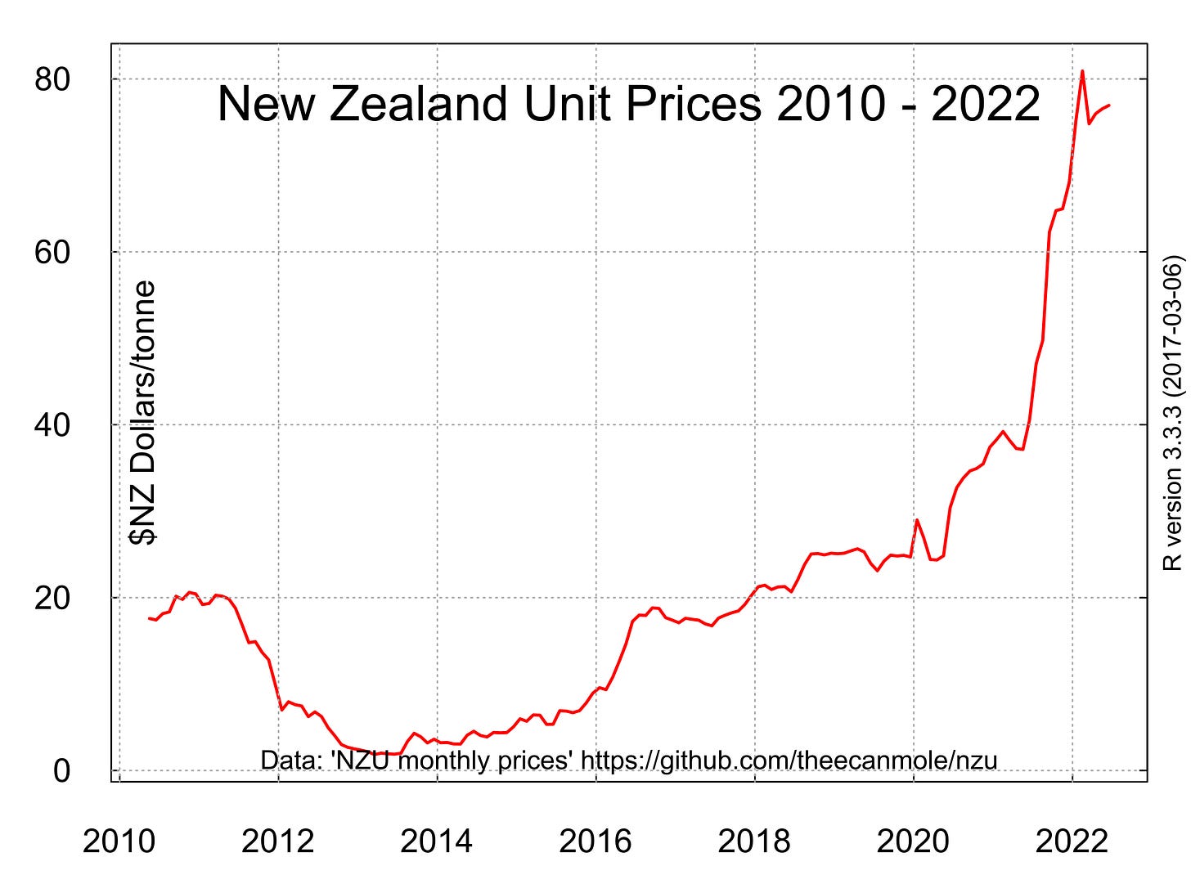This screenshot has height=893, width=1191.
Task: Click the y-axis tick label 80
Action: point(52,80)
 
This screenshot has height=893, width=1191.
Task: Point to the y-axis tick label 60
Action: point(52,253)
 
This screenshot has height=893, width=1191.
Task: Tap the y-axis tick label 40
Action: point(52,425)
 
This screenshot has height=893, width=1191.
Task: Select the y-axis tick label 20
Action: point(52,598)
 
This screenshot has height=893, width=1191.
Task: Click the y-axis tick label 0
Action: point(62,771)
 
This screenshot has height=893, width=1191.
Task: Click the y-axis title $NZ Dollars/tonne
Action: point(144,413)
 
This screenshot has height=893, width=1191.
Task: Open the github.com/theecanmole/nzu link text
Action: point(789,761)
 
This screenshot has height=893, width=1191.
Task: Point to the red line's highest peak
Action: point(1082,71)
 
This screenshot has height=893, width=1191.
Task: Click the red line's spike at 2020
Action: point(917,519)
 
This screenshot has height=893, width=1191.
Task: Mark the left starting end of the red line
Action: point(149,618)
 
